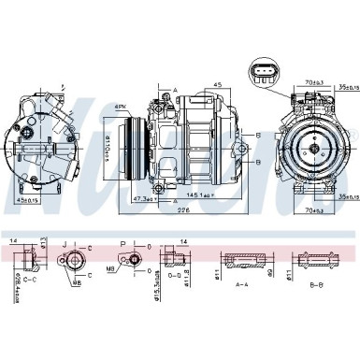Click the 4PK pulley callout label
[x=120, y=109]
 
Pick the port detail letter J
[x=64, y=245]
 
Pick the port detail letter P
[x=122, y=245]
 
